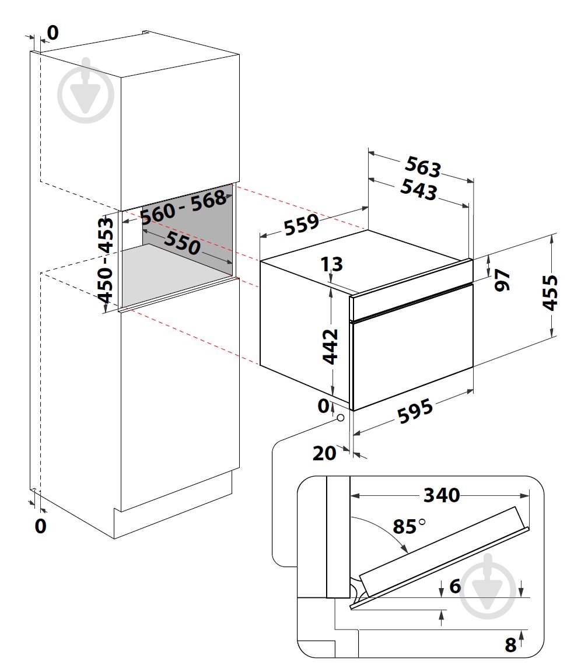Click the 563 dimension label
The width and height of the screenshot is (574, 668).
point(422,166)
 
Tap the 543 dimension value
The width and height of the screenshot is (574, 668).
point(419,190)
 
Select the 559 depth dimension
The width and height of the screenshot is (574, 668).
point(302,225)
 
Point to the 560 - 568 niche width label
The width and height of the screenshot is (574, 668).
point(184,207)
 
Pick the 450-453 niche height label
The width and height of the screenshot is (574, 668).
point(106,260)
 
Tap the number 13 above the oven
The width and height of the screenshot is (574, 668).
point(332,264)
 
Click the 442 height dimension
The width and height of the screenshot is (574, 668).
point(330,347)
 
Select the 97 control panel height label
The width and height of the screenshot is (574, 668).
point(502,280)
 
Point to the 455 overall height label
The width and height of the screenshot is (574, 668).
point(549,293)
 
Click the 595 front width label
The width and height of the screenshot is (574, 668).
point(415,411)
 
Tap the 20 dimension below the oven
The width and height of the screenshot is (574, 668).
point(324,453)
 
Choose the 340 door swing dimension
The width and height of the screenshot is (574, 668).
point(442,495)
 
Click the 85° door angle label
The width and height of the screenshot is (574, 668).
point(409,526)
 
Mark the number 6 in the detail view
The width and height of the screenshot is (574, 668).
point(455,586)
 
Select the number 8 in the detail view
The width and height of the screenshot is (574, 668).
point(510,645)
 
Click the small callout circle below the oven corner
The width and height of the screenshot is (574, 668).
point(340,418)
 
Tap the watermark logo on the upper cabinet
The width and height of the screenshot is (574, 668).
point(86,91)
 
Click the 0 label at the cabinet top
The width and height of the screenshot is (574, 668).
point(53,33)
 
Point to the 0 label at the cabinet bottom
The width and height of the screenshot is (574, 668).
point(40,526)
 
